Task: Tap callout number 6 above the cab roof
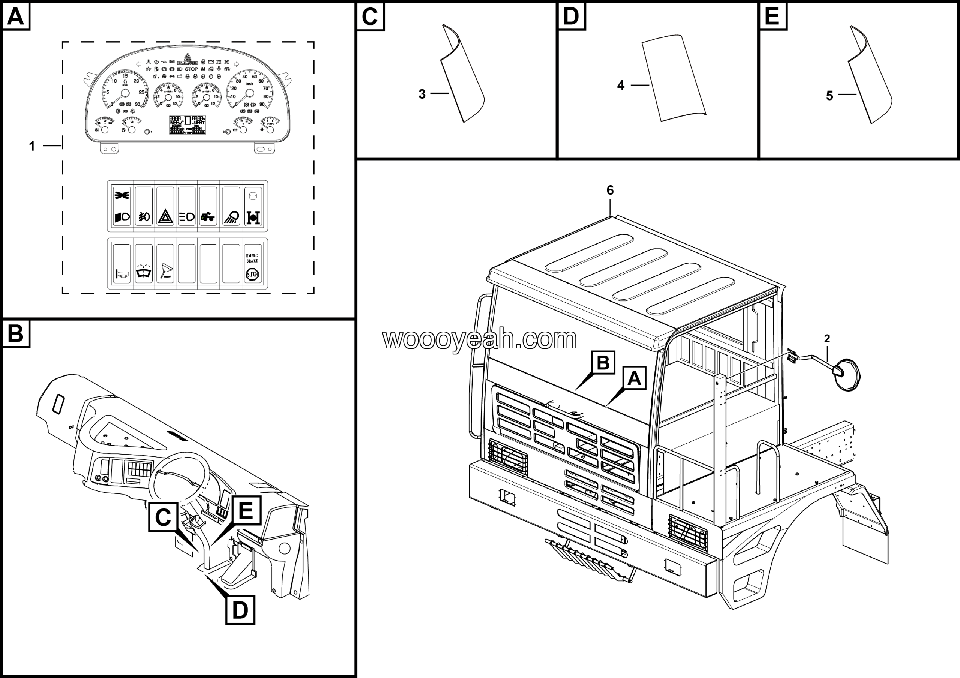610,190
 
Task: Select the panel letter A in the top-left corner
16,17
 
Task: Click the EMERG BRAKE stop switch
252,266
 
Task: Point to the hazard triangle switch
166,217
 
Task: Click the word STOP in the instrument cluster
191,69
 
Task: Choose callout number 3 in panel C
422,94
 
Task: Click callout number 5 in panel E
829,96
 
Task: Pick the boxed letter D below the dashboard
240,610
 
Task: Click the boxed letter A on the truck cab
634,378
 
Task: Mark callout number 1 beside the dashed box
32,146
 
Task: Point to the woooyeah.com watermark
480,339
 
